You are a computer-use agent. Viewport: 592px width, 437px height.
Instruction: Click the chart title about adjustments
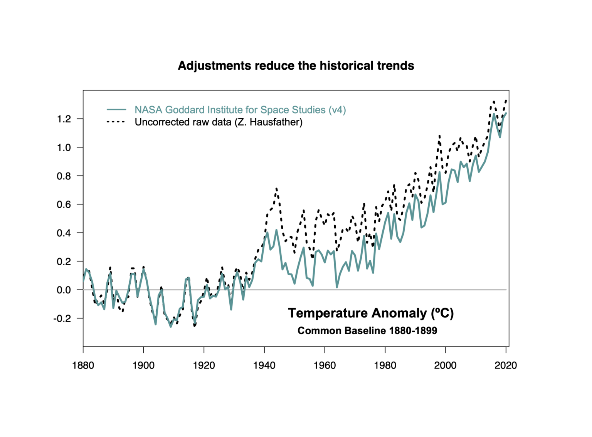pos(296,66)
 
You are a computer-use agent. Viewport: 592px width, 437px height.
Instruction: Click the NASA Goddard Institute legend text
pos(240,110)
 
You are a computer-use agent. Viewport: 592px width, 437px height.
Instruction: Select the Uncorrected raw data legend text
pos(219,122)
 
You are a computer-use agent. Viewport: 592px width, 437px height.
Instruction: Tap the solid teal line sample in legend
pos(116,110)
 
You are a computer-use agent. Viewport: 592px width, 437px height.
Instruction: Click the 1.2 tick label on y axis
pos(64,119)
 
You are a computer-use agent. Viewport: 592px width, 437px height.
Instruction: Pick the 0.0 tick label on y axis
pos(64,290)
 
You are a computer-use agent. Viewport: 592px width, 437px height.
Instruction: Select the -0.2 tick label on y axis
pos(62,318)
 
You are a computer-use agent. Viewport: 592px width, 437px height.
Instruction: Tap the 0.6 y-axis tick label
pos(64,204)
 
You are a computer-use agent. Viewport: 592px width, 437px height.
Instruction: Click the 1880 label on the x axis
pos(83,365)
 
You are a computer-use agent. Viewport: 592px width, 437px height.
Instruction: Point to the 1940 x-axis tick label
pos(264,365)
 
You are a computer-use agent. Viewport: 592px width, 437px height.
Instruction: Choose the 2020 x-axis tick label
pos(506,365)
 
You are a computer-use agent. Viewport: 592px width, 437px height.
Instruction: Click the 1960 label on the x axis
pos(325,365)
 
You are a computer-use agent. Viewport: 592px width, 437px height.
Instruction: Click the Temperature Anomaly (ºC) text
pos(371,313)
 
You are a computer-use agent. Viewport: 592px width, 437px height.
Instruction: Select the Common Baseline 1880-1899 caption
pos(367,331)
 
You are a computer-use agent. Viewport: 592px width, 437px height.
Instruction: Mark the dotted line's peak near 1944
pos(276,189)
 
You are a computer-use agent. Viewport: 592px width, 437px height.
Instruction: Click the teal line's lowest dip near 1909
pos(171,327)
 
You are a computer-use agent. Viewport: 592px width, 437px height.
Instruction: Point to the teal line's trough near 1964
pos(337,287)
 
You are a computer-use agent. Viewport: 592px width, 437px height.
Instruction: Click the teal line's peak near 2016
pos(494,114)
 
